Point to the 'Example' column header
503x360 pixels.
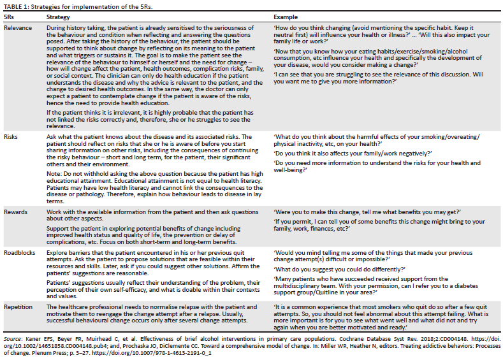click(284, 17)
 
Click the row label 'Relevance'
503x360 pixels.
click(17, 29)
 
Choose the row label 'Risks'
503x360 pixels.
click(10, 137)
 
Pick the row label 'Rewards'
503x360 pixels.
click(15, 211)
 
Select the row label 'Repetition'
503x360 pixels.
click(18, 306)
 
